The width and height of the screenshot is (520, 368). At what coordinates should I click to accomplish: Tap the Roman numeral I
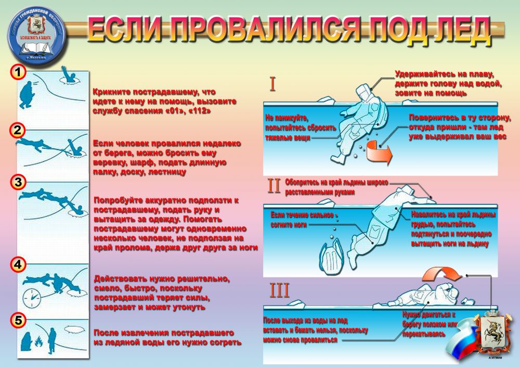click(x=272, y=84)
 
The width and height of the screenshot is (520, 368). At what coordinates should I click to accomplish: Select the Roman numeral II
click(x=274, y=186)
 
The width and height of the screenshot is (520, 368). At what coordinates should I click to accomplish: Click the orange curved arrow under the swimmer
click(x=378, y=153)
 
